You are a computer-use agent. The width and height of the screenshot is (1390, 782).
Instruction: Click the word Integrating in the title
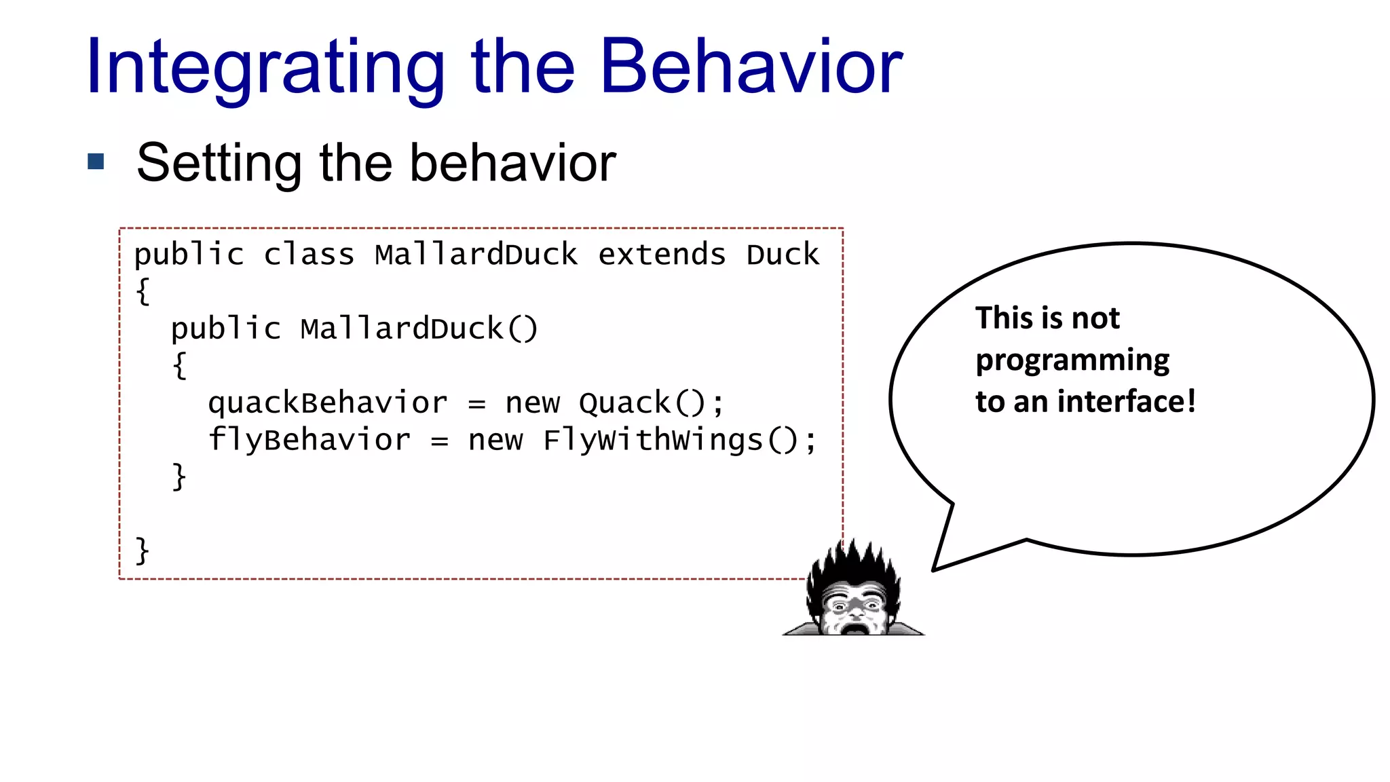click(265, 68)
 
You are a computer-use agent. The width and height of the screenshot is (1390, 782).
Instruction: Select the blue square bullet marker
click(96, 162)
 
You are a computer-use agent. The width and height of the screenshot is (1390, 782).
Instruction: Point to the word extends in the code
click(661, 255)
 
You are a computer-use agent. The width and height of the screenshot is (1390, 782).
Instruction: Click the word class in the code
click(309, 255)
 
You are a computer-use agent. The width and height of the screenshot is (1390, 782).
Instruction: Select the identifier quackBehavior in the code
click(327, 403)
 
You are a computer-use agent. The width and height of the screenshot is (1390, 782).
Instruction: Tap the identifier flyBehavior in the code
click(309, 440)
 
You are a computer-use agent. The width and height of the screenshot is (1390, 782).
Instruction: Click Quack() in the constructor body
click(641, 403)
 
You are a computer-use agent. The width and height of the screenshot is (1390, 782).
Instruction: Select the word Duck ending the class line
click(783, 255)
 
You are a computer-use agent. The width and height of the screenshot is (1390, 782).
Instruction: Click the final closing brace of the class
click(142, 550)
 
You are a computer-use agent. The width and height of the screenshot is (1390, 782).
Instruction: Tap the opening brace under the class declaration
click(143, 292)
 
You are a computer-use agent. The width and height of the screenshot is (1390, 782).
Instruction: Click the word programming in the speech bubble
click(1072, 360)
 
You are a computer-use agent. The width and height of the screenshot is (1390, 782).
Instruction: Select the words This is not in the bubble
click(1047, 318)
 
